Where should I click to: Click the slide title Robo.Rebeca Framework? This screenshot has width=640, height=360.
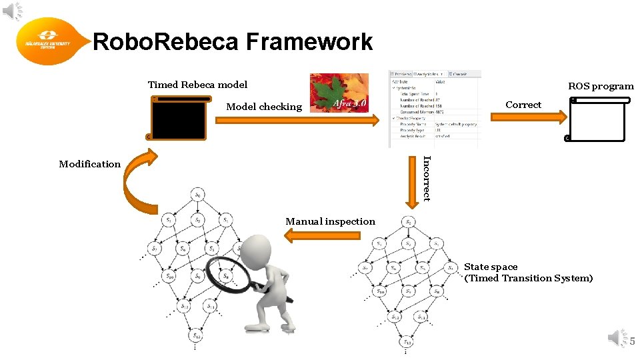pos(232,42)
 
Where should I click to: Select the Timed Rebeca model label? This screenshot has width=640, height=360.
pos(197,85)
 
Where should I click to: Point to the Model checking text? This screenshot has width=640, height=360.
pos(264,107)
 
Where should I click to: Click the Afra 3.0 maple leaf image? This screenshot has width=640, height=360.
pos(339,93)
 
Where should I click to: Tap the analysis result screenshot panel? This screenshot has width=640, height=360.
pos(435,109)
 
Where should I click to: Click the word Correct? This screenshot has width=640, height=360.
pos(523,105)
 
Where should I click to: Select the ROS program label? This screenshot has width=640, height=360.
pos(601,86)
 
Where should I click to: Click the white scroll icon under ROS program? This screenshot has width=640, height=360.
pos(597,119)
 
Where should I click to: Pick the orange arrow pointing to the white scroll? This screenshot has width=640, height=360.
pos(526,116)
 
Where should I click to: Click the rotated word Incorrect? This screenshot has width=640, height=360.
pos(427,177)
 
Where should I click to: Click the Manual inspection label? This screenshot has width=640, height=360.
pos(330,221)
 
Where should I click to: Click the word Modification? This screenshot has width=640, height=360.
pos(90,164)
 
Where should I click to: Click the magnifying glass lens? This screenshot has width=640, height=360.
pos(227,273)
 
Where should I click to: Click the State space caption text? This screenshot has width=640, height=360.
pos(528,273)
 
